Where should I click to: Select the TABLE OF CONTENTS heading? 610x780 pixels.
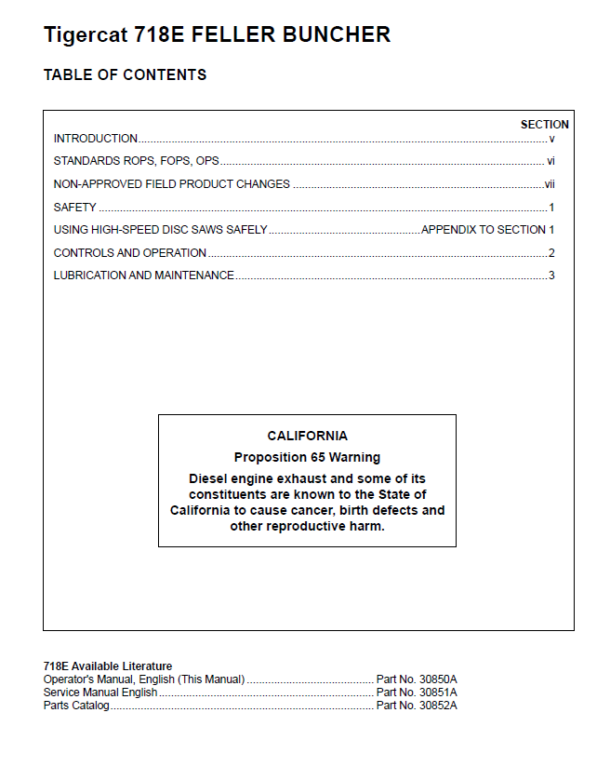click(125, 74)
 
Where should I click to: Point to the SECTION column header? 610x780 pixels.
click(544, 124)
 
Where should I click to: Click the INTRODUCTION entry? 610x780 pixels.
click(96, 139)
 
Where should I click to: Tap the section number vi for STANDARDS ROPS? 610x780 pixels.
click(550, 161)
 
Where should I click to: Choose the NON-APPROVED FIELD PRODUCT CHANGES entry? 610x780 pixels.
click(172, 184)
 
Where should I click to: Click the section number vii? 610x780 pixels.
click(550, 184)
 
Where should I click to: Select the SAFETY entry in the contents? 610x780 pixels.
click(75, 208)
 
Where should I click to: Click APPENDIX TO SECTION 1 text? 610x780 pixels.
click(487, 230)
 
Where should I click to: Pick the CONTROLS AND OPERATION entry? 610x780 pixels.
click(130, 253)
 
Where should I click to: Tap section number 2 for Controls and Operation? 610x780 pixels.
click(551, 253)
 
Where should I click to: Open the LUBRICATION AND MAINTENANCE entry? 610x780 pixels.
click(144, 276)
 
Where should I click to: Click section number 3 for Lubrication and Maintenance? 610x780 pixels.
click(551, 276)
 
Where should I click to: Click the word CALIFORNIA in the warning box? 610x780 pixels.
click(307, 436)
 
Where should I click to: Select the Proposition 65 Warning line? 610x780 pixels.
click(307, 457)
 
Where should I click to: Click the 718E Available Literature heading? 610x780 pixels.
click(108, 666)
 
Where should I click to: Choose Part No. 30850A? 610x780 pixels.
click(417, 679)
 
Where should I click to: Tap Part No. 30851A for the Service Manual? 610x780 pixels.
click(417, 693)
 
